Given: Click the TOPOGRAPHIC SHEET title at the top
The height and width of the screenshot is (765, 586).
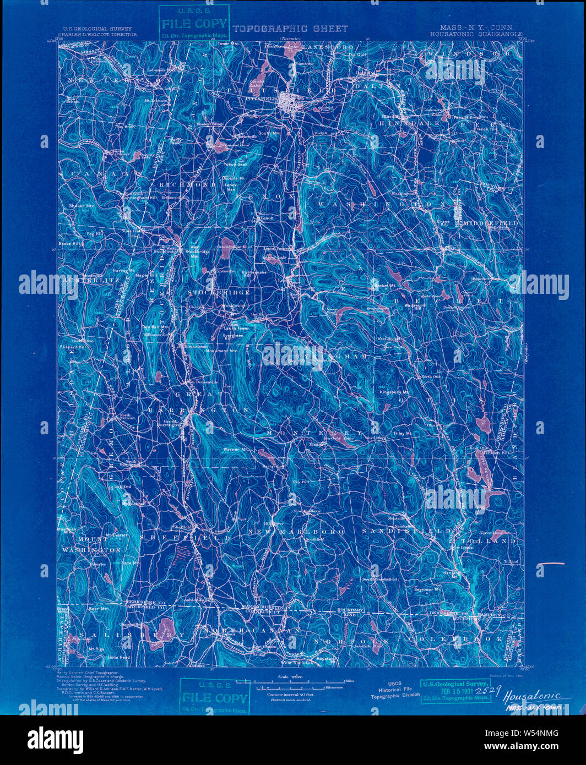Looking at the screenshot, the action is coord(290,29).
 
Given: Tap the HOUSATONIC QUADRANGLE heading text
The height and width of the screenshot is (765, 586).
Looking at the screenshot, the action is coord(477,34).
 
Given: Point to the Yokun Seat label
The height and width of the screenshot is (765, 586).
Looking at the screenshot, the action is coord(235,164).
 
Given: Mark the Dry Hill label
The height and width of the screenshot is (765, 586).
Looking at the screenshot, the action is coord(301,482).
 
